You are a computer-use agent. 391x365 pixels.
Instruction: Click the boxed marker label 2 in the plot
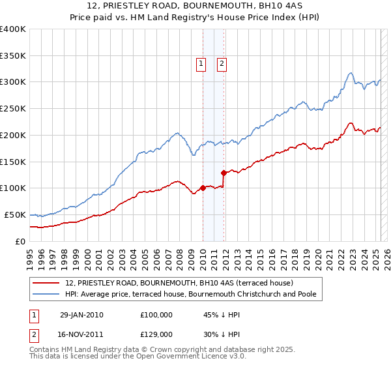point(222,64)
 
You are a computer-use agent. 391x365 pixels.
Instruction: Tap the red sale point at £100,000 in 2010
point(203,188)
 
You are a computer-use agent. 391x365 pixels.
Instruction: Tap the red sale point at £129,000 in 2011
point(224,173)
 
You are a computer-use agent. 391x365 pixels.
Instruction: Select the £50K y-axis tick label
point(15,214)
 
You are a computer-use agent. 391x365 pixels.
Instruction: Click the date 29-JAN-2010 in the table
point(81,315)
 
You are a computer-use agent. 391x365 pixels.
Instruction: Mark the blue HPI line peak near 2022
point(351,72)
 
